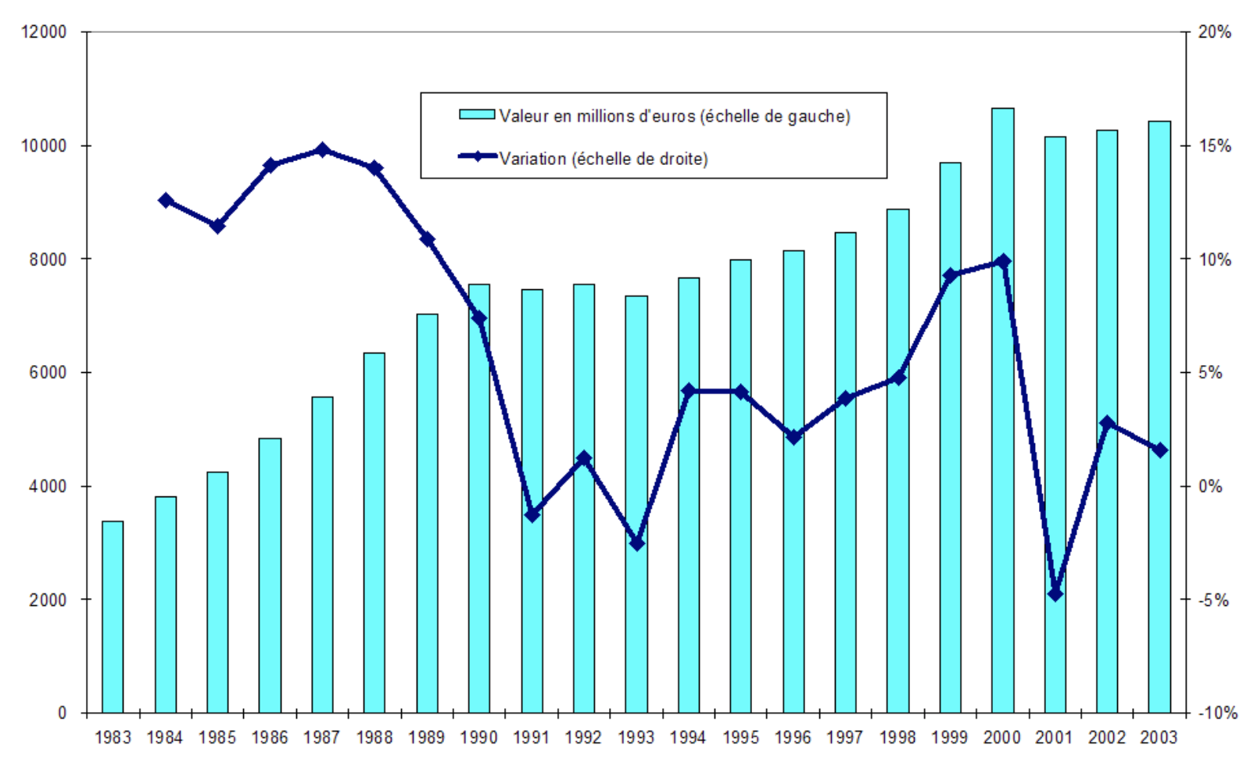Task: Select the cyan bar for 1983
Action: (113, 617)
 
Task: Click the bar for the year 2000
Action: (1002, 410)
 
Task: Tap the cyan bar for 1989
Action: (427, 514)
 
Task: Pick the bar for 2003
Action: (1159, 417)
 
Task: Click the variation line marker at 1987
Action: (322, 149)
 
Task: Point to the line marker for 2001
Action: (1055, 594)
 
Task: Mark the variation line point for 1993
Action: (636, 543)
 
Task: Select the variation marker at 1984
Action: (166, 201)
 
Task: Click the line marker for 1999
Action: (951, 275)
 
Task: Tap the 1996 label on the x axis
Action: (793, 737)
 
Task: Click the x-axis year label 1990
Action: (478, 737)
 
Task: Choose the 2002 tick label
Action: (1107, 737)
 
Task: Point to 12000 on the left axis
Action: (44, 32)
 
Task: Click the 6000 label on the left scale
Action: (48, 373)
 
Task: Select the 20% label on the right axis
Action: (1215, 32)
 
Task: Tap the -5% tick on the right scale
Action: (1214, 600)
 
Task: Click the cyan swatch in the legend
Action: (477, 115)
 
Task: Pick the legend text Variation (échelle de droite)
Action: (604, 159)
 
